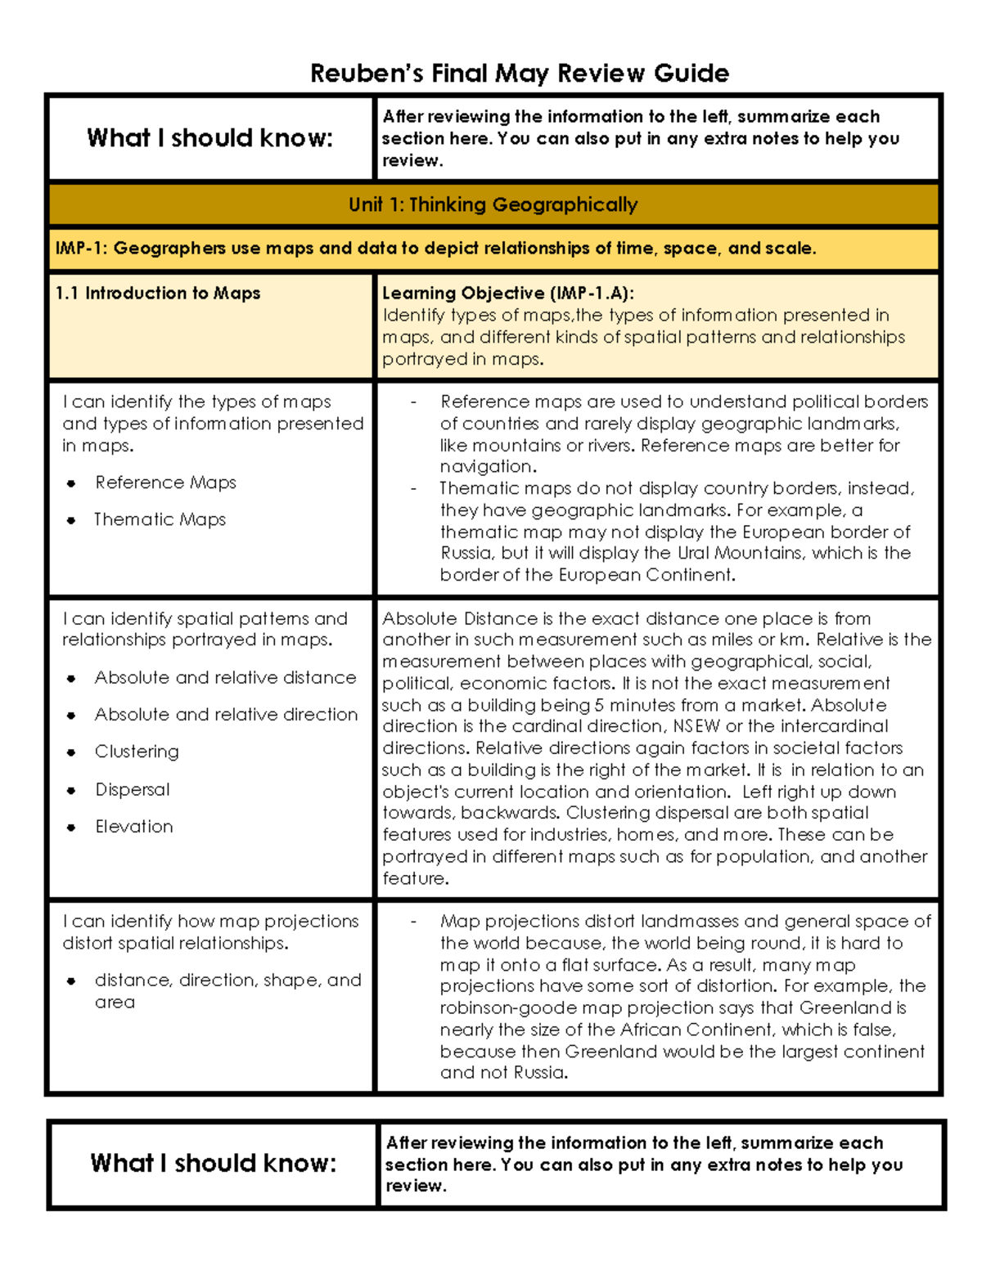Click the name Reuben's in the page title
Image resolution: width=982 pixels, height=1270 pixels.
point(367,74)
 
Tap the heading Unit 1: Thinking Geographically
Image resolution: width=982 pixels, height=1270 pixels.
point(493,204)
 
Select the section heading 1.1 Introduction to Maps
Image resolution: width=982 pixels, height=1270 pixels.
point(157,293)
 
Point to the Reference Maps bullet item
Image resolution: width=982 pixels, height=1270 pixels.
point(165,482)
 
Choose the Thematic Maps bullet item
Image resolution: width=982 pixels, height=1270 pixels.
point(160,519)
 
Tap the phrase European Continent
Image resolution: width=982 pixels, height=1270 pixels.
point(646,575)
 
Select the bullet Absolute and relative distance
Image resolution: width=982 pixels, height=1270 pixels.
point(225,677)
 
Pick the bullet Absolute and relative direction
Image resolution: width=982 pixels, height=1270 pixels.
point(226,714)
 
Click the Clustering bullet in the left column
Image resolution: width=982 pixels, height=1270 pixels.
point(137,752)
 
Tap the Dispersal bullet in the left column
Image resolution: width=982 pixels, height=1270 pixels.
point(133,789)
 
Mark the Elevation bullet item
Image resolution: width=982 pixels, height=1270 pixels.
point(134,826)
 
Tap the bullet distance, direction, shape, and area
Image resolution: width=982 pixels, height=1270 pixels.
point(227,990)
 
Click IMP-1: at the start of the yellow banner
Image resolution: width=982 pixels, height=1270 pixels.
point(81,249)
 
